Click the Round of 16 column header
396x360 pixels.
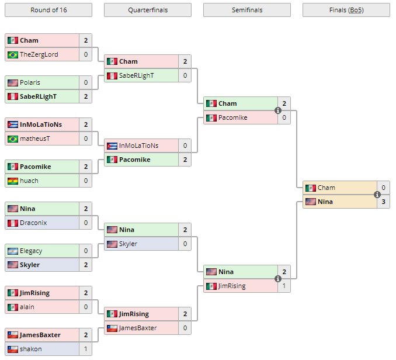pyautogui.click(x=48, y=10)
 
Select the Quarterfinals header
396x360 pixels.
pyautogui.click(x=147, y=10)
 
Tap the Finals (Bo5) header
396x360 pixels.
pyautogui.click(x=346, y=10)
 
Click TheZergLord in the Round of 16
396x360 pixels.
pyautogui.click(x=39, y=54)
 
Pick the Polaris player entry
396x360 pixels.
pyautogui.click(x=30, y=82)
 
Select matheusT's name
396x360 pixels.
pyautogui.click(x=36, y=139)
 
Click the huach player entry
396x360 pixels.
pyautogui.click(x=29, y=181)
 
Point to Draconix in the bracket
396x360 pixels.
pyautogui.click(x=33, y=223)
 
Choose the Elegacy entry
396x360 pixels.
pyautogui.click(x=31, y=251)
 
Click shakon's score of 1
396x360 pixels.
pyautogui.click(x=86, y=349)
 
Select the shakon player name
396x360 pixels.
pyautogui.click(x=31, y=349)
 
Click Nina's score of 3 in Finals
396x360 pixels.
pyautogui.click(x=383, y=202)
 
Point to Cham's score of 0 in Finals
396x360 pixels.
pyautogui.click(x=383, y=188)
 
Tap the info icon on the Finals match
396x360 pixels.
pyautogui.click(x=377, y=195)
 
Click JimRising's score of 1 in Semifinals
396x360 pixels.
pyautogui.click(x=284, y=286)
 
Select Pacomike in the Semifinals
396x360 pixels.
pyautogui.click(x=232, y=117)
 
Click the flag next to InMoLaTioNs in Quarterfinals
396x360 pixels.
pyautogui.click(x=112, y=146)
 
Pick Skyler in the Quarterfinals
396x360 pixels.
pyautogui.click(x=128, y=244)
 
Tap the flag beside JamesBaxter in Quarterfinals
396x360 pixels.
pyautogui.click(x=112, y=328)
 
